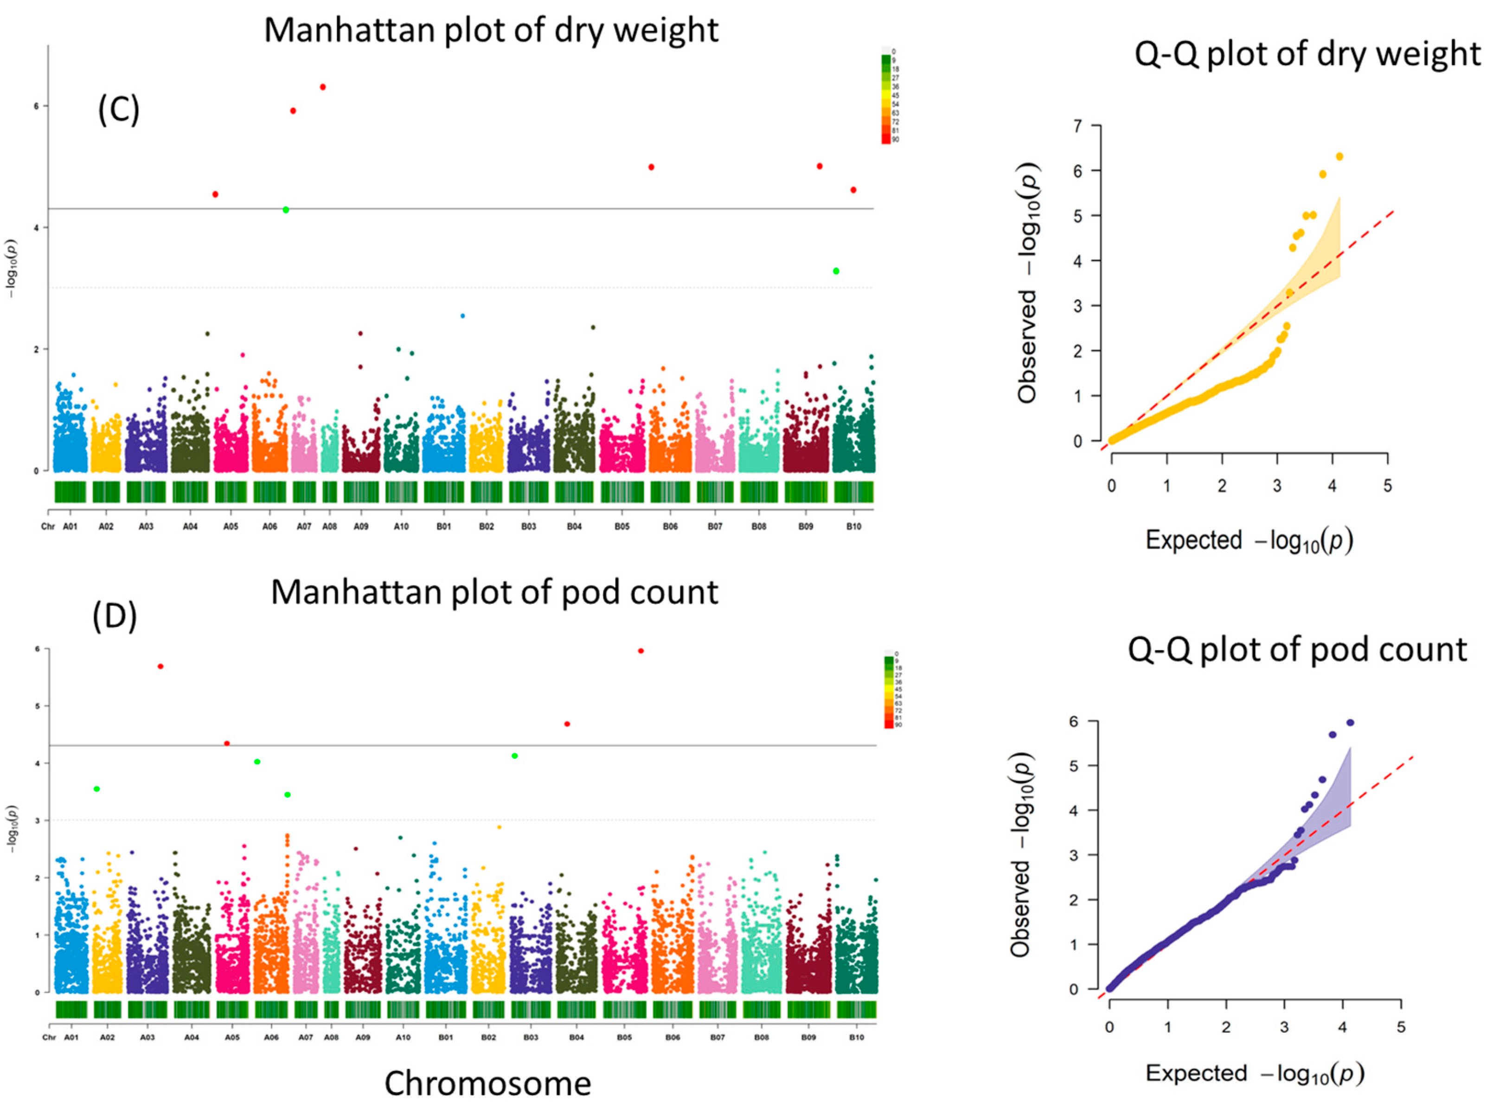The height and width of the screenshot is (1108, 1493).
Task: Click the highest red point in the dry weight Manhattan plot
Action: [x=323, y=87]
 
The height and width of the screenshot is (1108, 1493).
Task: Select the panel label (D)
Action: [x=115, y=616]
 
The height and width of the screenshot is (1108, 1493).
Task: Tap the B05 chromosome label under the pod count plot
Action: [x=624, y=1037]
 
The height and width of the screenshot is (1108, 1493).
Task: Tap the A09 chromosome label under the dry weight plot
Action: [x=361, y=526]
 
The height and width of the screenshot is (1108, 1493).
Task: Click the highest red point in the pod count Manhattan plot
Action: [x=641, y=651]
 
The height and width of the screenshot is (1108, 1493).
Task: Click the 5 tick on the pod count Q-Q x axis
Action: [x=1400, y=1027]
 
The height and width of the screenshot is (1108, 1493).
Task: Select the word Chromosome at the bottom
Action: [x=487, y=1083]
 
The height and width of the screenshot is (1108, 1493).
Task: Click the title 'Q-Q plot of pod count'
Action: [x=1297, y=649]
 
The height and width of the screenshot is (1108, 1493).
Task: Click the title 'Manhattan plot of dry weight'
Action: [x=491, y=30]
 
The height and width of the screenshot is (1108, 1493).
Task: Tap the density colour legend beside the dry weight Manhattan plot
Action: [x=885, y=98]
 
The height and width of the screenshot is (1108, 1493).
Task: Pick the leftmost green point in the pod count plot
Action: [x=97, y=789]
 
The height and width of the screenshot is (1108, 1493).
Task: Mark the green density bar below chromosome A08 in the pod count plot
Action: [x=331, y=1009]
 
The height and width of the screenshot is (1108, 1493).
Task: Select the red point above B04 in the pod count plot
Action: [x=567, y=724]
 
